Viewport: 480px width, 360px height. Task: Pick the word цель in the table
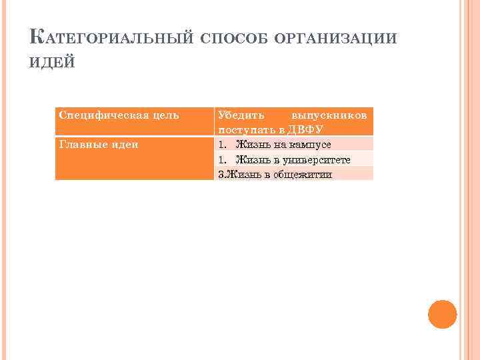(x=165, y=115)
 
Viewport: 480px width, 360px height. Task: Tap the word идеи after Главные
(x=123, y=144)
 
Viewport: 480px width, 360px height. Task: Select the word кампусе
(x=309, y=145)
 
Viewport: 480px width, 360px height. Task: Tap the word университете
(x=313, y=160)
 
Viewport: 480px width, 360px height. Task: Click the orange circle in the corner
(x=442, y=314)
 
